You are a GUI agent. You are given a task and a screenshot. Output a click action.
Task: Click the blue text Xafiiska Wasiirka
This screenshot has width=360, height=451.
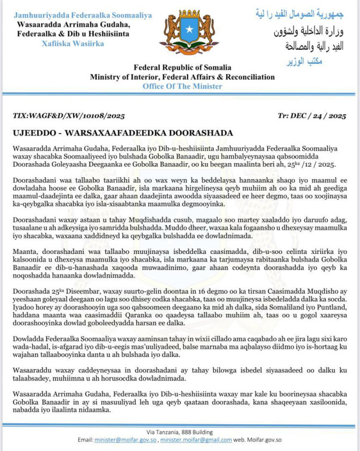point(73,44)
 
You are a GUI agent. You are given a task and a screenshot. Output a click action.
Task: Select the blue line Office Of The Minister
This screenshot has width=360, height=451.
point(182,86)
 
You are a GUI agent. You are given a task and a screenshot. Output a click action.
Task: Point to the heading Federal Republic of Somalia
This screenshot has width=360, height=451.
point(183,67)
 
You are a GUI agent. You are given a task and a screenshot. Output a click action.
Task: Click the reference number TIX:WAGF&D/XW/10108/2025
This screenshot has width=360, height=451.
point(69,116)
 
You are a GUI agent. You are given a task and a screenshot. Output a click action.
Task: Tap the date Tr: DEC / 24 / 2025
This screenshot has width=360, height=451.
point(311,116)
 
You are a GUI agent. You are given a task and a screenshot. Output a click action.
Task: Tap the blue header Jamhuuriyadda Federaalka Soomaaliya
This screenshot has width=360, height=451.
point(83,15)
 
